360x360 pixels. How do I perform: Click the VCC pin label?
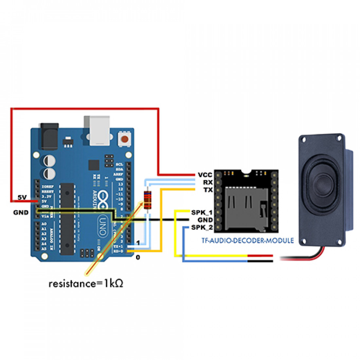(x=205, y=175)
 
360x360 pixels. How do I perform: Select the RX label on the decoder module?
(x=208, y=182)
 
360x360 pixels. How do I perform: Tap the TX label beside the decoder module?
(x=208, y=190)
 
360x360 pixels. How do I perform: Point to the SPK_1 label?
(x=202, y=212)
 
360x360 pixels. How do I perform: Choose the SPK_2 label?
(x=202, y=227)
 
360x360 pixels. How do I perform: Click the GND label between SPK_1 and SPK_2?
(x=205, y=220)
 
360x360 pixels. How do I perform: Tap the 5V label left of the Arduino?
(x=22, y=197)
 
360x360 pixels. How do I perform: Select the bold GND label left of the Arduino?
(x=21, y=212)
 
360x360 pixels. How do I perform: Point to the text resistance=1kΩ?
(x=86, y=283)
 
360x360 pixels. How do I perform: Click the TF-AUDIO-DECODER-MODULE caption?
(x=247, y=241)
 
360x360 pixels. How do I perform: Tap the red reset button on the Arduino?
(x=125, y=139)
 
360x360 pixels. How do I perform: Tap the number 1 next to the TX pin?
(x=138, y=243)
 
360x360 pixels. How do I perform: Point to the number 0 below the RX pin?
(x=138, y=258)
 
